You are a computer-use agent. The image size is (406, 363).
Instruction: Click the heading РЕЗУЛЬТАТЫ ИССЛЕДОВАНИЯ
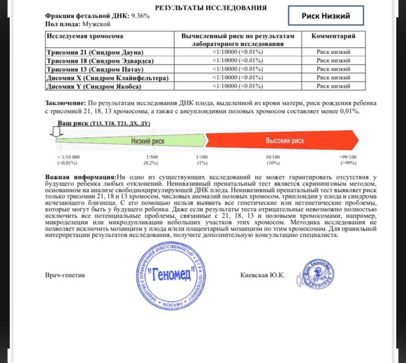click(x=202, y=7)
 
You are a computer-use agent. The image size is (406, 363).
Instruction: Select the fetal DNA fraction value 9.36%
click(x=139, y=15)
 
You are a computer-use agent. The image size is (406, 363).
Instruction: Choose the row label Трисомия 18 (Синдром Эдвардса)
click(x=96, y=60)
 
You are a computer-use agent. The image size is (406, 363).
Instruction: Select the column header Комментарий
click(x=333, y=36)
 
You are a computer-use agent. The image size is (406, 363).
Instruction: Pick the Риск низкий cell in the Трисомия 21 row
click(x=333, y=52)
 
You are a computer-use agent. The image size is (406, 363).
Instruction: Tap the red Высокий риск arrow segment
click(x=285, y=140)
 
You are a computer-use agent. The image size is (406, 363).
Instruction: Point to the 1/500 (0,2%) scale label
click(x=151, y=160)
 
